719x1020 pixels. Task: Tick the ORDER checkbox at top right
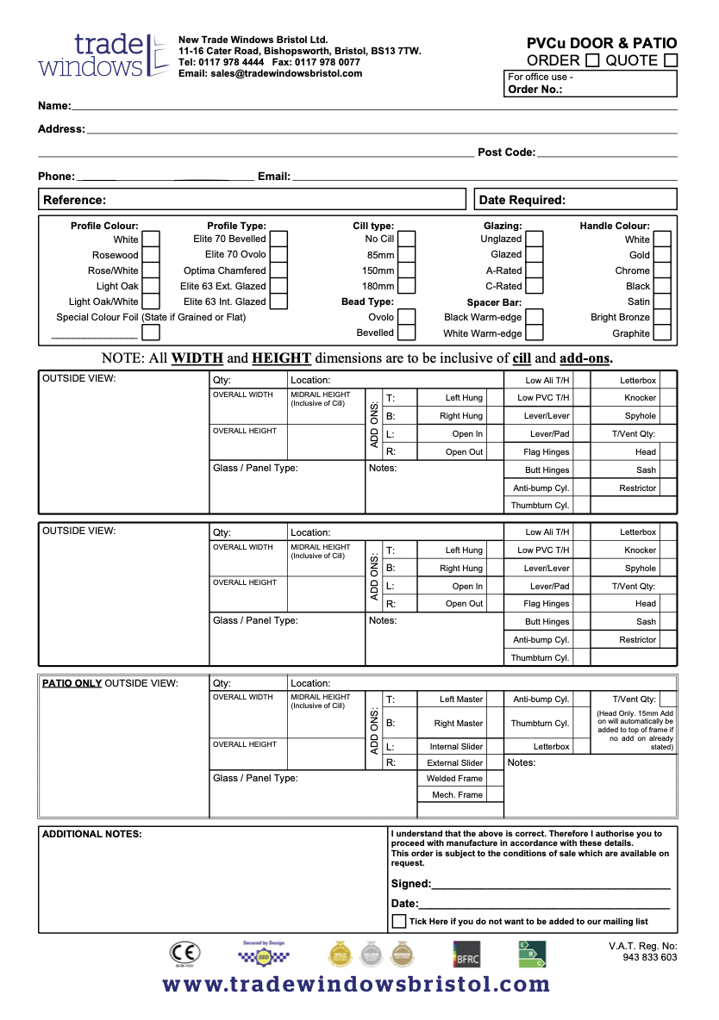[592, 60]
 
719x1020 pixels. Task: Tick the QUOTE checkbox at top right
[671, 60]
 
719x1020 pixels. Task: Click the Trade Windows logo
[103, 55]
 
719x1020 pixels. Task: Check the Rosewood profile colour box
[151, 255]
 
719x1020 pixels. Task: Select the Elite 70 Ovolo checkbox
[278, 255]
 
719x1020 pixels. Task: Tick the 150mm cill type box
[407, 271]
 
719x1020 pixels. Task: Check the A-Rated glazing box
[535, 271]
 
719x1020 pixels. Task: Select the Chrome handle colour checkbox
[662, 271]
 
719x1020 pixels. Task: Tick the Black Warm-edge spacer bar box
[535, 317]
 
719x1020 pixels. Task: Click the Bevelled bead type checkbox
[407, 333]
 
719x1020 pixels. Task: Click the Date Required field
[575, 200]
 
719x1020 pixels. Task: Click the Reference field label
[74, 200]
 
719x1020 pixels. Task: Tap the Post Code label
[506, 152]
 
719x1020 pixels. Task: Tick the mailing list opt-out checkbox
[399, 921]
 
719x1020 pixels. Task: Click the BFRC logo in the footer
[466, 954]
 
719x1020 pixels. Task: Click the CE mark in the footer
[185, 953]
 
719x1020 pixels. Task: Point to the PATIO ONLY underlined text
[72, 683]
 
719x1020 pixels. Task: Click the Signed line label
[410, 884]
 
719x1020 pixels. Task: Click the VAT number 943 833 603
[649, 957]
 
